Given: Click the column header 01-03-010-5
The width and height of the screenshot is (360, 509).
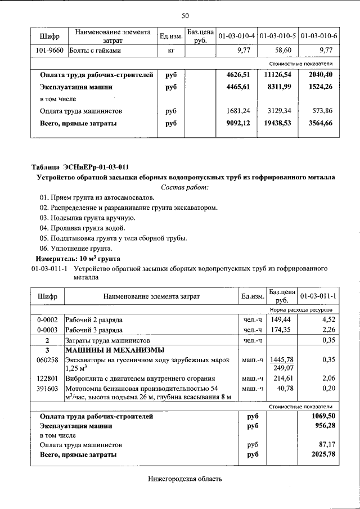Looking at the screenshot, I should point(278,37).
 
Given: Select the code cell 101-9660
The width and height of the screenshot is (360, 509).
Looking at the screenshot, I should point(48,50).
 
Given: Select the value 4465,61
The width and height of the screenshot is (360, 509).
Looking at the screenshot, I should point(241,87).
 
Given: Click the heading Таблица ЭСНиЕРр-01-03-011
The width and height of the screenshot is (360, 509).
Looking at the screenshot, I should point(80,166).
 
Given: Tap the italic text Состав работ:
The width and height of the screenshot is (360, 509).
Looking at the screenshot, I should point(185,187).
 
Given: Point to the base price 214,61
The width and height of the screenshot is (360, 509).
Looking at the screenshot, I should point(282,379).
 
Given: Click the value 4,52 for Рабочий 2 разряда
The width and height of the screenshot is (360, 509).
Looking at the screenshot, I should point(328,319).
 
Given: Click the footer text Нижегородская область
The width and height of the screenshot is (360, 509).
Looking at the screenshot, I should point(185,480).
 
